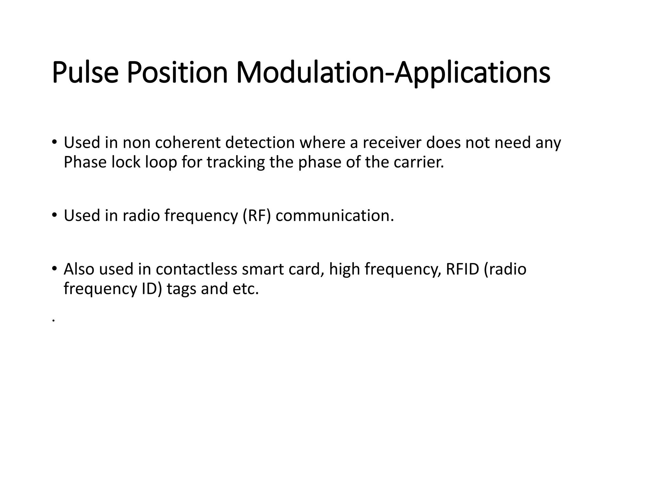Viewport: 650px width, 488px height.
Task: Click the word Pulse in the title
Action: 85,72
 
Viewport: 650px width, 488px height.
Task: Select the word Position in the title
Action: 177,72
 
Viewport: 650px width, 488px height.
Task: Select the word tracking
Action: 235,162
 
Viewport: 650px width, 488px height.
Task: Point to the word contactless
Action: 196,269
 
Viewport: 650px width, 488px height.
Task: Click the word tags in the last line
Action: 181,289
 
